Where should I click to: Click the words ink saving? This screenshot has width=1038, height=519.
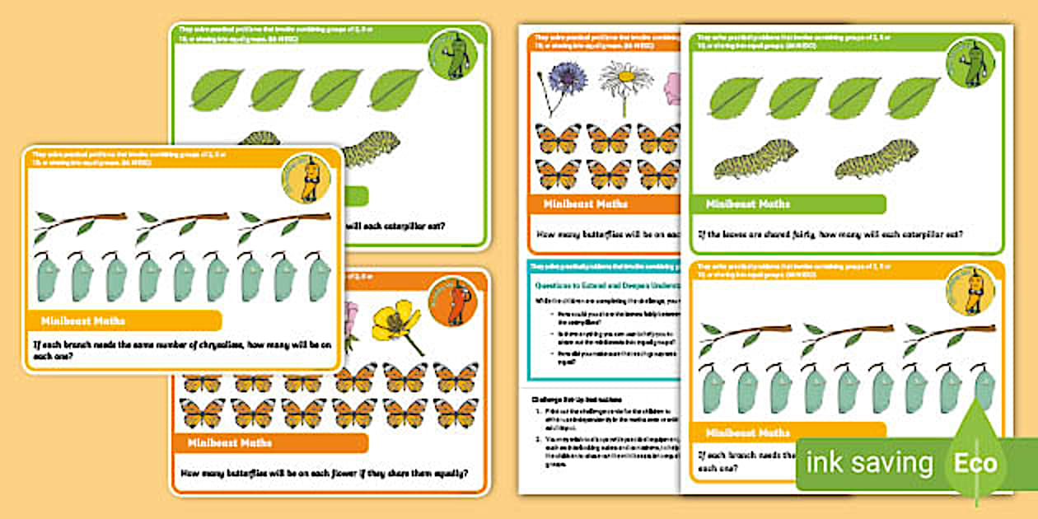coord(869,463)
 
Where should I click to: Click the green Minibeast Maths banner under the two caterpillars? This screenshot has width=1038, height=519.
coord(788,204)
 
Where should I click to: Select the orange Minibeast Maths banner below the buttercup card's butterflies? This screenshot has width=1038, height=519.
coord(272,443)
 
